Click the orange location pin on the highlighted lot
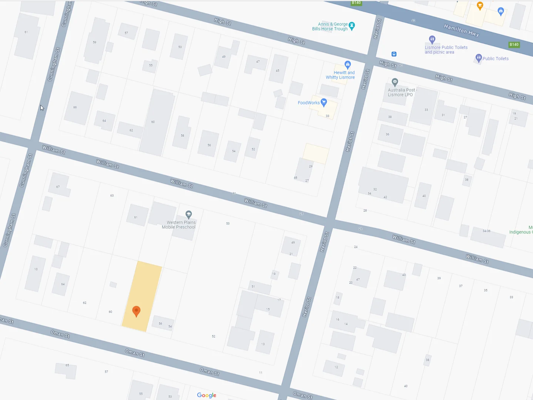[x=136, y=311]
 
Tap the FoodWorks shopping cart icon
[x=324, y=102]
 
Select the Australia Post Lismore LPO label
[x=402, y=92]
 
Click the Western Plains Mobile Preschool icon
[x=189, y=214]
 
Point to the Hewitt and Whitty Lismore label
[x=341, y=75]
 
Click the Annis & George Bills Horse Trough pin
[x=352, y=26]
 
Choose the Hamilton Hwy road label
[x=461, y=30]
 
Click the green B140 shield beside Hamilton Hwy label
[x=514, y=44]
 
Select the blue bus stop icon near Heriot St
[x=394, y=54]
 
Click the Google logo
[x=207, y=395]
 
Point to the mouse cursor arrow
[x=41, y=107]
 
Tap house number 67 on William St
[x=58, y=187]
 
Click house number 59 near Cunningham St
[x=95, y=42]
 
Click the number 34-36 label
[x=486, y=231]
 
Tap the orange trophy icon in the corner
[x=480, y=5]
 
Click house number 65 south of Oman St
[x=67, y=366]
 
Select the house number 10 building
[x=36, y=269]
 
